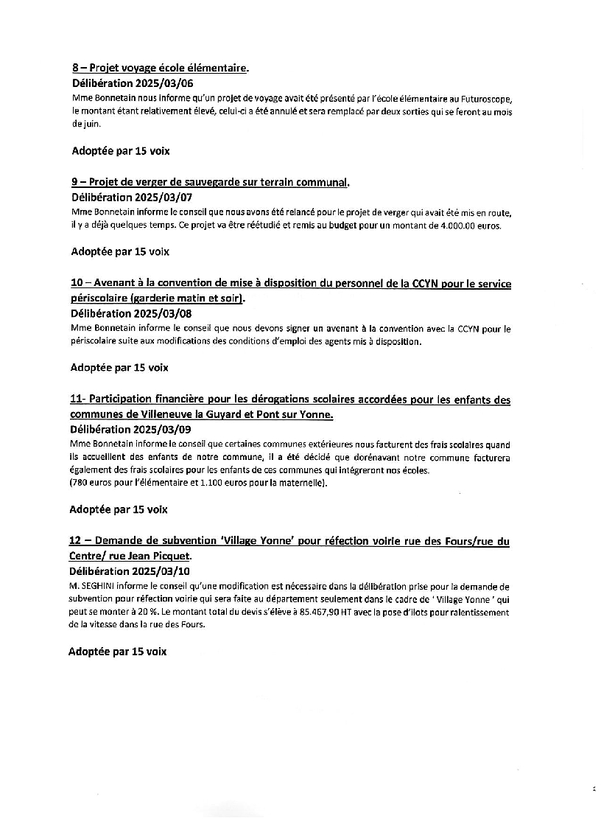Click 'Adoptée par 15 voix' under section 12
point(118,652)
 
